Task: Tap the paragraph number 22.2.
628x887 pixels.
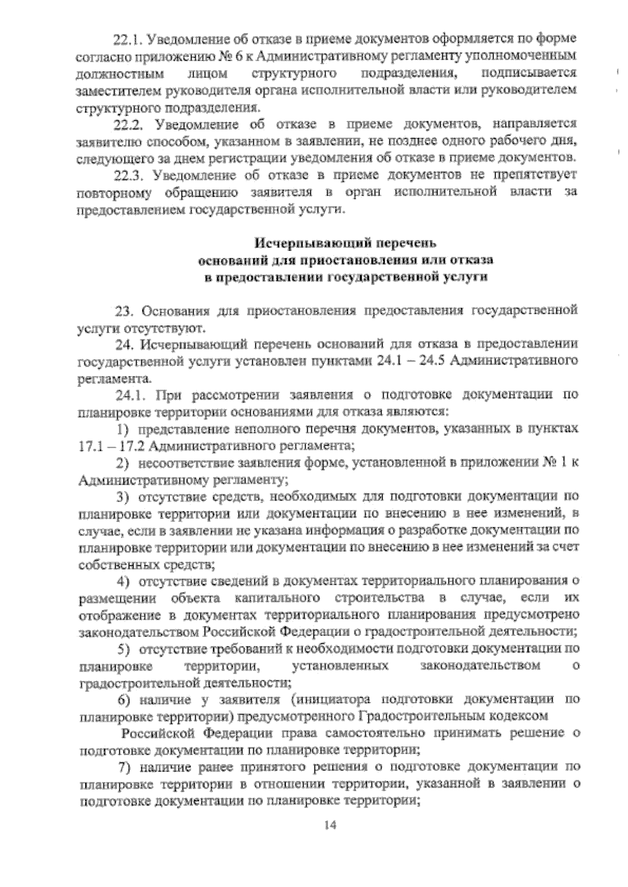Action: click(x=128, y=124)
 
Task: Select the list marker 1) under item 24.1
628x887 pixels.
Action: click(x=123, y=429)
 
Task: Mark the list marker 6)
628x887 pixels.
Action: click(x=123, y=700)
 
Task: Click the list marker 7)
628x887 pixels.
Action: click(x=123, y=767)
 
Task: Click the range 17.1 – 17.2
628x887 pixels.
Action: click(x=108, y=446)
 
